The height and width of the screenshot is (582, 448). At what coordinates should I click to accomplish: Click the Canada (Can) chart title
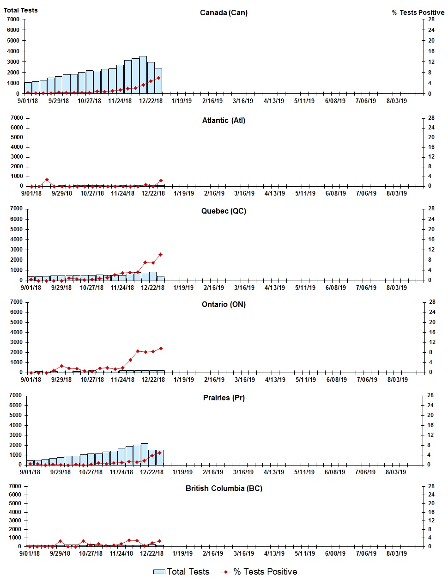pyautogui.click(x=224, y=12)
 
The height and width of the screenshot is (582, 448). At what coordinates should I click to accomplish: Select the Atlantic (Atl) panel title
pyautogui.click(x=224, y=120)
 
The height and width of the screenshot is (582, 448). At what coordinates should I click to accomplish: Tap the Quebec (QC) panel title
pyautogui.click(x=224, y=211)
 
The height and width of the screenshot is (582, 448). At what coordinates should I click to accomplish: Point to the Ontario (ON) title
pyautogui.click(x=224, y=304)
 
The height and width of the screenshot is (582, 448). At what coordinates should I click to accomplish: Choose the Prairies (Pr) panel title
pyautogui.click(x=224, y=398)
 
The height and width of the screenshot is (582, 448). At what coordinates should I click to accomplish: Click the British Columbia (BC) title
pyautogui.click(x=224, y=488)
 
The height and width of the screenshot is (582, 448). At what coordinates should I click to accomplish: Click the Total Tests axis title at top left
pyautogui.click(x=21, y=10)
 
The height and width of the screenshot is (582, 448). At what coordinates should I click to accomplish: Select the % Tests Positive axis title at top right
pyautogui.click(x=418, y=12)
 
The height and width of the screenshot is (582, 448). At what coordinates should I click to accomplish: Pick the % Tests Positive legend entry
pyautogui.click(x=259, y=572)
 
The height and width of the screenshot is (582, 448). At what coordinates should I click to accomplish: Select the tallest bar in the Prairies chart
pyautogui.click(x=145, y=454)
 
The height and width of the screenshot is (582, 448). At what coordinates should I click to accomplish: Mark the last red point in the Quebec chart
pyautogui.click(x=160, y=255)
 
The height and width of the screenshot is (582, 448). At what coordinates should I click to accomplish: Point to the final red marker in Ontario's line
pyautogui.click(x=161, y=348)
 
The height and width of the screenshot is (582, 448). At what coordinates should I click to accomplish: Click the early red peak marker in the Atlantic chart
pyautogui.click(x=47, y=179)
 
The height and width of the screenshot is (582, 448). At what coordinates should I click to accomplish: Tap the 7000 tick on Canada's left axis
pyautogui.click(x=13, y=19)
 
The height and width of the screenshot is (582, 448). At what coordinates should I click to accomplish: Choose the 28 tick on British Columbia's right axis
pyautogui.click(x=431, y=486)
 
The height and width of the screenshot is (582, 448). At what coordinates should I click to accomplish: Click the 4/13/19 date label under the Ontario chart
pyautogui.click(x=275, y=380)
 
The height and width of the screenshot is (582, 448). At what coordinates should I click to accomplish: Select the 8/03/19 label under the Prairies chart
pyautogui.click(x=396, y=472)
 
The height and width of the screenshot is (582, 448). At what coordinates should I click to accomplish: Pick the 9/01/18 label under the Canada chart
pyautogui.click(x=28, y=101)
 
